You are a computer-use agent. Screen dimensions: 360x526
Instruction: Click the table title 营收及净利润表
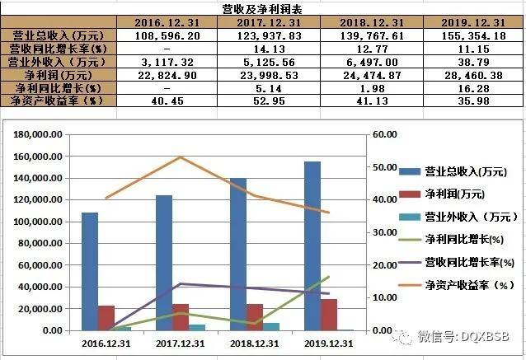coord(263,9)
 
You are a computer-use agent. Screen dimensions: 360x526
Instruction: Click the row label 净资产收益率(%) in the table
coord(54,101)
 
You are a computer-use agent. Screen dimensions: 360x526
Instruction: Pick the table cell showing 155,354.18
coord(474,36)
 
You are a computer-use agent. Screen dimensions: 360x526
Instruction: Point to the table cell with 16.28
coord(474,87)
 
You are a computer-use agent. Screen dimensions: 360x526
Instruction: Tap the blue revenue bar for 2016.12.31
coord(89,271)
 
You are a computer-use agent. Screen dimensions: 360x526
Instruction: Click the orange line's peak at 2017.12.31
coord(180,157)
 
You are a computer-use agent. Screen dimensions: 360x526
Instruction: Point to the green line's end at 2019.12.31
coord(329,277)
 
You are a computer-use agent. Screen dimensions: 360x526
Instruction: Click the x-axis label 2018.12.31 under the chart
coord(254,342)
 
